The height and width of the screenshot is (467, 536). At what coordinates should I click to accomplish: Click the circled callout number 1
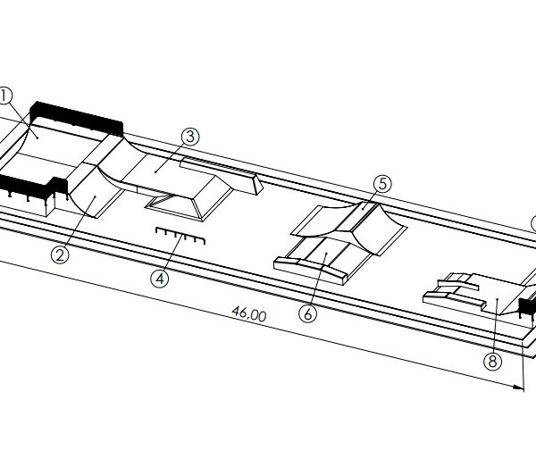click(4, 96)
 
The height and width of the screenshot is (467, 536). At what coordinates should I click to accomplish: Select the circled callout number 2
click(60, 254)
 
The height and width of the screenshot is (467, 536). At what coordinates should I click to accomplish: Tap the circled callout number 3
click(190, 137)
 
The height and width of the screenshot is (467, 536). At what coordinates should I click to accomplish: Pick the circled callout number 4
click(160, 279)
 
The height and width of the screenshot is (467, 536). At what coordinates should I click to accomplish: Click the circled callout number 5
click(382, 184)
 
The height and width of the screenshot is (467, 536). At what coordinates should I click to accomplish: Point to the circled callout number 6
click(307, 313)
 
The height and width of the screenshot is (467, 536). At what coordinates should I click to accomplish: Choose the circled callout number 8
click(492, 361)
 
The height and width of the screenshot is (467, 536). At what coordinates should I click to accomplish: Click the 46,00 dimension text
click(249, 313)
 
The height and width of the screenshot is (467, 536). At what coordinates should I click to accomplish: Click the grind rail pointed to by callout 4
click(180, 236)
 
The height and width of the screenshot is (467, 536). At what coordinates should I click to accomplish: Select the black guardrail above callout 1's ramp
click(76, 118)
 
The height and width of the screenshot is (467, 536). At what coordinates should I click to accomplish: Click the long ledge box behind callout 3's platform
click(222, 175)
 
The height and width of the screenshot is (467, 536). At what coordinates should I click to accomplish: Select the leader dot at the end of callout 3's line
click(155, 171)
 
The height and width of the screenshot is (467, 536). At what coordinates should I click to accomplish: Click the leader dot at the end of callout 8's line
click(497, 299)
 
